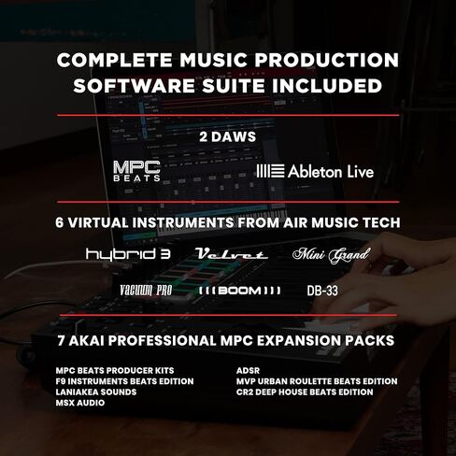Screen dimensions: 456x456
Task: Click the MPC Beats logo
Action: coord(135,171)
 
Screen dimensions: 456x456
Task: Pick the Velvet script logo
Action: coord(231,254)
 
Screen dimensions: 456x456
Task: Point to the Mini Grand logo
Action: coord(331,254)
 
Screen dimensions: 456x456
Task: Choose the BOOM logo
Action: coord(239,291)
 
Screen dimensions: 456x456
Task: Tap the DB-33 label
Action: coord(322,291)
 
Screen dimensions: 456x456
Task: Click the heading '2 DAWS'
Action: coord(227,135)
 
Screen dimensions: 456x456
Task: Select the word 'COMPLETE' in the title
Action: coord(109,61)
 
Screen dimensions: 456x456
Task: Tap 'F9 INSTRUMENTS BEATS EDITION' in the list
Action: coord(124,381)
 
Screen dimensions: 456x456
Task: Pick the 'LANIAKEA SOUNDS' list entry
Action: coord(95,392)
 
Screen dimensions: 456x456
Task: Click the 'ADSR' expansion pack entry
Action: coord(248,371)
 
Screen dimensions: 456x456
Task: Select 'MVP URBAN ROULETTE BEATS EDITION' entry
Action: coord(317,381)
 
